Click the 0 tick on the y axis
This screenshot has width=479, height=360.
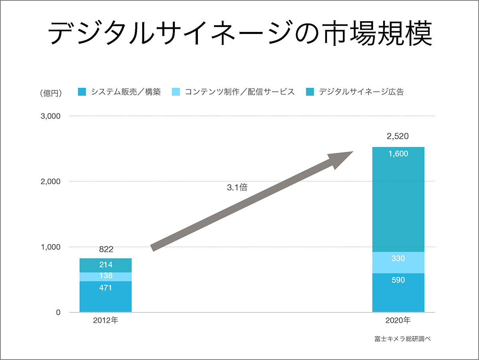(x=58, y=312)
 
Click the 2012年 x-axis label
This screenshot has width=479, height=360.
(x=106, y=320)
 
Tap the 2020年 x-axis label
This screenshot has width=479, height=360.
(x=398, y=320)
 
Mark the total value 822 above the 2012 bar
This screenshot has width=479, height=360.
(x=106, y=250)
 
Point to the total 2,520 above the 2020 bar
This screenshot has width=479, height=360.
(x=398, y=136)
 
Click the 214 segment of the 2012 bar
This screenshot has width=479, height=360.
(x=106, y=265)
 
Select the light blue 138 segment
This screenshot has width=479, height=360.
(x=106, y=276)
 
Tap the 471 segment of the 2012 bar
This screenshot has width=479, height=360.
(x=106, y=296)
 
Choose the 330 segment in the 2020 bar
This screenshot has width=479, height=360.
(x=398, y=263)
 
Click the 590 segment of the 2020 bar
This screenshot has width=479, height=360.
(x=398, y=292)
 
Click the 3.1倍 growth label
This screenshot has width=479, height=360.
(x=237, y=187)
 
